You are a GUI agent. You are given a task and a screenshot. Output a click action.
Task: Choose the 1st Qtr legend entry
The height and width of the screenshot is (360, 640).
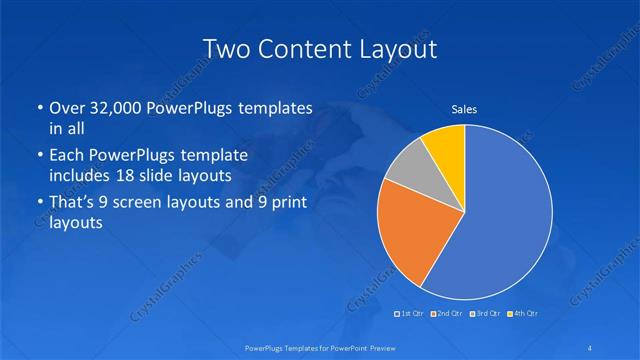click(x=408, y=314)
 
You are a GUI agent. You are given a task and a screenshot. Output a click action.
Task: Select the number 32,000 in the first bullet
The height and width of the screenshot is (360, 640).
click(x=116, y=108)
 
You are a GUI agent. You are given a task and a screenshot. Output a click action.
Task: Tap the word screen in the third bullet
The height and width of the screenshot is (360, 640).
click(x=158, y=204)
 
